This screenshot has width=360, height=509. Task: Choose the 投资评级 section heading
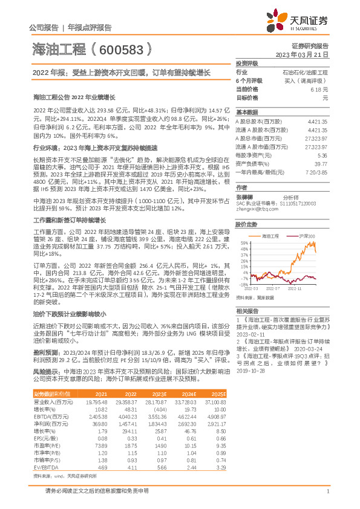coord(247,63)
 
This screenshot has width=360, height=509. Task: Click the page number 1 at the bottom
coord(327,491)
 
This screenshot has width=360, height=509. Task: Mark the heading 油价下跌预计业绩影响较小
coord(69,314)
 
